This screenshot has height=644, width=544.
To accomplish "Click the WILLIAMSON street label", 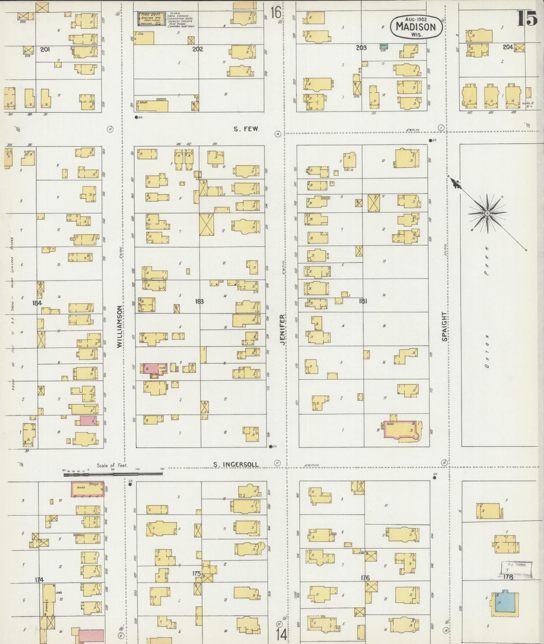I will (x=119, y=327).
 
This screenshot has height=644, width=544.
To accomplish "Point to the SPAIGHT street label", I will (x=444, y=326).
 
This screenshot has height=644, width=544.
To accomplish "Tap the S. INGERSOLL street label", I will (x=236, y=464).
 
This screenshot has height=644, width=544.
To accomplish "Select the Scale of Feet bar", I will (x=113, y=473).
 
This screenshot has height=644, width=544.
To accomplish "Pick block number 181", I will (x=363, y=301).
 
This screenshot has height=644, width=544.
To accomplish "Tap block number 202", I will (x=197, y=49).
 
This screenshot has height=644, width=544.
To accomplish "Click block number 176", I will (x=365, y=578).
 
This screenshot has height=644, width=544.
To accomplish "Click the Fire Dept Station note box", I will (x=152, y=19).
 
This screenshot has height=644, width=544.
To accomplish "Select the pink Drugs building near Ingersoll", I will (x=87, y=489).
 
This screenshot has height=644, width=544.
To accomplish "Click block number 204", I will (x=508, y=47).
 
